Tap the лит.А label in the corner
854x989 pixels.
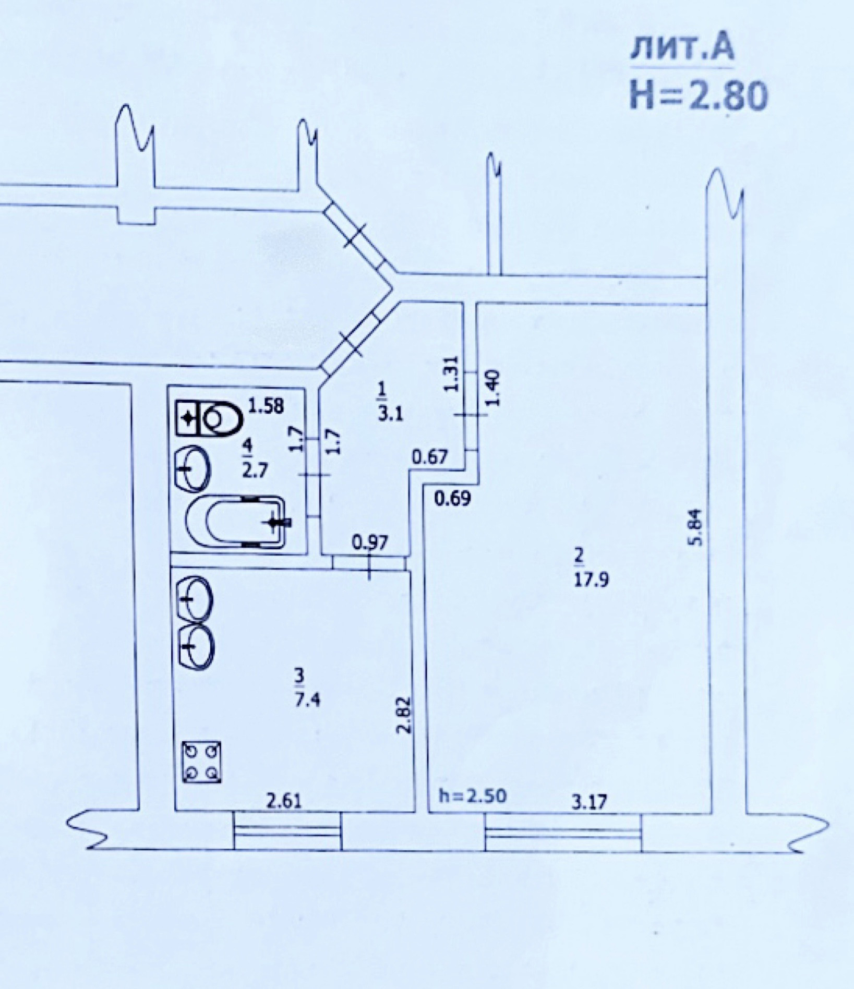coord(682,49)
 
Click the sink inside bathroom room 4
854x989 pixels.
coord(193,468)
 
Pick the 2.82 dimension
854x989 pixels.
coord(404,715)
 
